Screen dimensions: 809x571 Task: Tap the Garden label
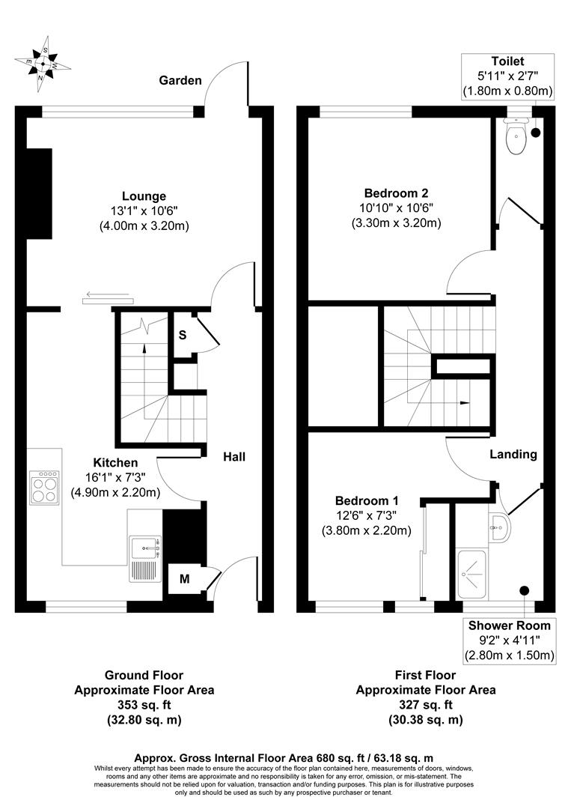(180, 80)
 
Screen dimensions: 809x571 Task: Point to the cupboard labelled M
(184, 578)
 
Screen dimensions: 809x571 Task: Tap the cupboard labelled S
(182, 335)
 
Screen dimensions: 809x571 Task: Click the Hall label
(233, 456)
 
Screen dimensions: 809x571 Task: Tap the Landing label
(513, 454)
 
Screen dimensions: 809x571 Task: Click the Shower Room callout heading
(509, 625)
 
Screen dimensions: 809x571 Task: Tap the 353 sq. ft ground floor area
(144, 705)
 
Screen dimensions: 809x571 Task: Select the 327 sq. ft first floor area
(425, 705)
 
